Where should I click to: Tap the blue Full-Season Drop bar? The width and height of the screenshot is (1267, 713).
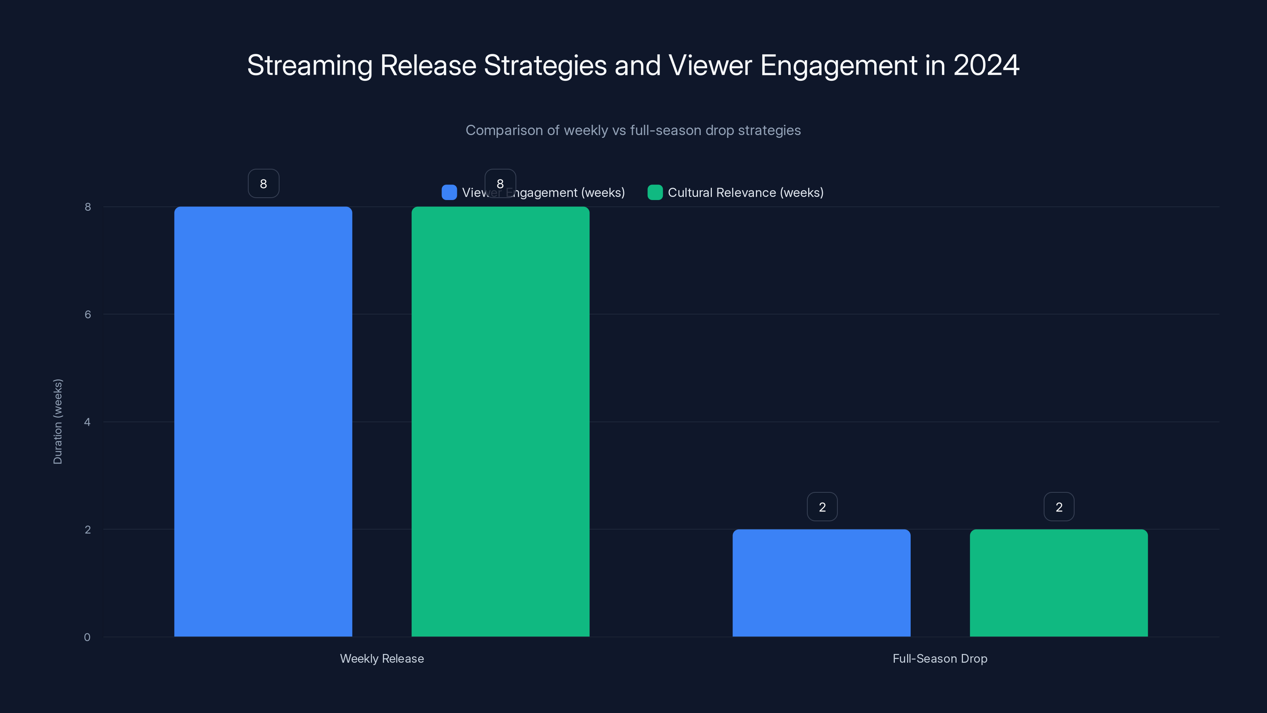click(822, 583)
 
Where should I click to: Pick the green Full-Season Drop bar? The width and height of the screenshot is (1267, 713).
click(1058, 583)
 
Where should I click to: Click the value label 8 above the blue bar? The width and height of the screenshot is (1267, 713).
click(264, 183)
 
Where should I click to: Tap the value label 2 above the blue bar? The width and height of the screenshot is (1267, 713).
click(822, 507)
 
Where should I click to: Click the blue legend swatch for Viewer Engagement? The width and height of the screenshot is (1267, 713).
click(449, 193)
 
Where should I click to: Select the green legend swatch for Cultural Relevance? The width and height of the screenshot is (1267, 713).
click(654, 193)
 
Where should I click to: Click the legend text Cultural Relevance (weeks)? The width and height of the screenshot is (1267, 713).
click(745, 193)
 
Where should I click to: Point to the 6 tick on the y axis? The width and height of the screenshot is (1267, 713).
click(88, 315)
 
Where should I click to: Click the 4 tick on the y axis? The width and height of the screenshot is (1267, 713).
click(88, 422)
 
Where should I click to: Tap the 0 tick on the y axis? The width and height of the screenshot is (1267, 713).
click(88, 637)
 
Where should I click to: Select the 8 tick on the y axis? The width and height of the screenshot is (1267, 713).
click(88, 207)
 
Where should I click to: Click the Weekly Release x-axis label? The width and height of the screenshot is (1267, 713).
click(382, 658)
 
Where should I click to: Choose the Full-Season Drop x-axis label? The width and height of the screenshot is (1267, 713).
click(940, 658)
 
